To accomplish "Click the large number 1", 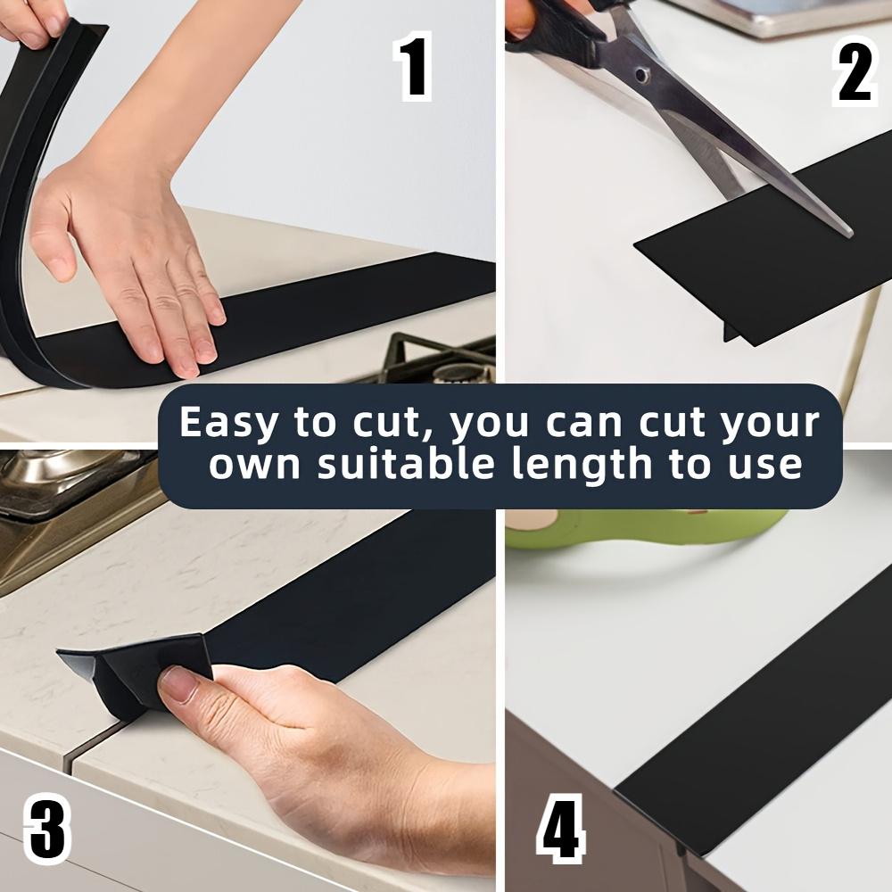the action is pos(415,66).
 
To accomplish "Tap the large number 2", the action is pos(854,71).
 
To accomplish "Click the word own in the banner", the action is pos(253,467).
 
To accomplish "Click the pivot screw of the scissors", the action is pos(642,75).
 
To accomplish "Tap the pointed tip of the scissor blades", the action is pos(850,232).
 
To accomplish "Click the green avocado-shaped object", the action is pos(643,529).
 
